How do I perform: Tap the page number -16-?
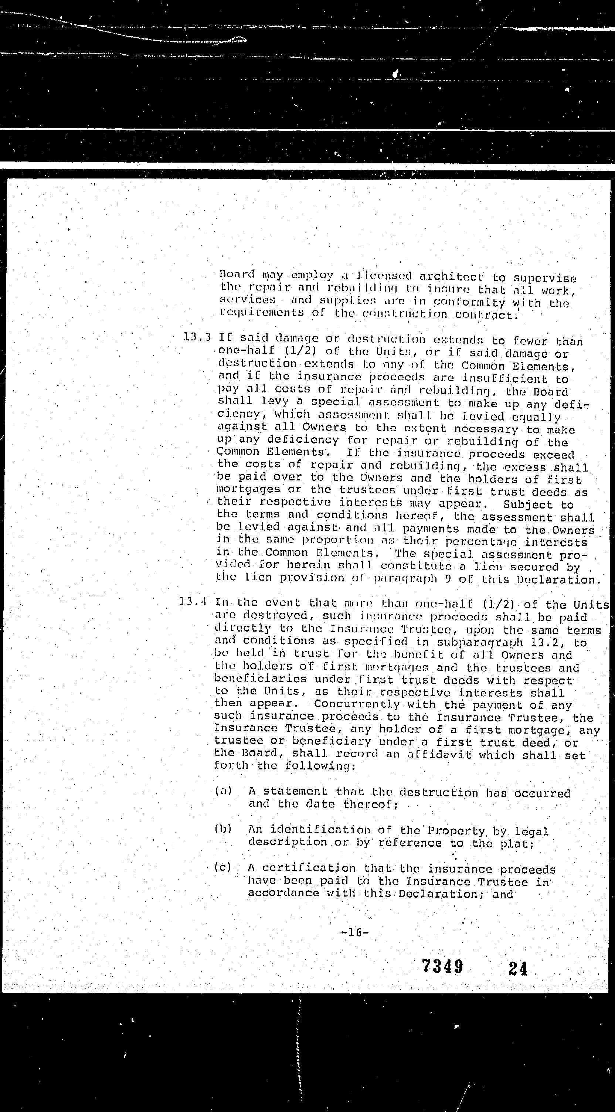click(x=354, y=932)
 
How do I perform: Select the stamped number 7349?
click(x=442, y=966)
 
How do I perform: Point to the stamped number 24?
click(x=517, y=968)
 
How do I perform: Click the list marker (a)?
click(x=223, y=790)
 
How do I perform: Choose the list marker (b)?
click(x=223, y=829)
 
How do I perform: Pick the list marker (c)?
click(x=223, y=867)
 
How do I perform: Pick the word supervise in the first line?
click(x=545, y=278)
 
